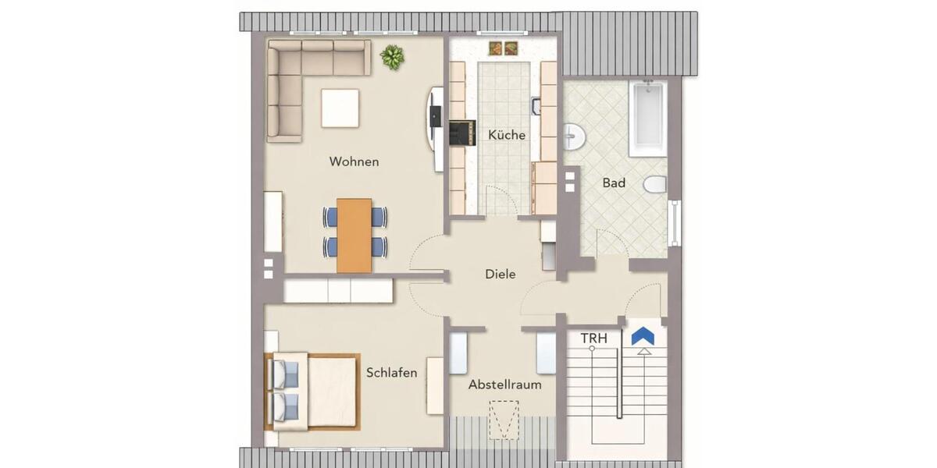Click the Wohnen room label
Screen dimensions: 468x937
(x=354, y=162)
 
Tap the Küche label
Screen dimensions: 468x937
(x=507, y=135)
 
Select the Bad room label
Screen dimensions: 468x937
(x=614, y=183)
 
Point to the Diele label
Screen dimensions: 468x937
(x=501, y=275)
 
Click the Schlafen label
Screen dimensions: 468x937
(x=391, y=373)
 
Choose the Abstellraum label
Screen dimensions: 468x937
(x=504, y=385)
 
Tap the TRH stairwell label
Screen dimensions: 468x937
(x=594, y=339)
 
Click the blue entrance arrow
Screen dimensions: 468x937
(x=643, y=336)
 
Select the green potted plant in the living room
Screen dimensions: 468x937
(x=392, y=56)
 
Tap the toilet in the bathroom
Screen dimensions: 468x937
(x=654, y=185)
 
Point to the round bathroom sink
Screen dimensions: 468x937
(x=573, y=136)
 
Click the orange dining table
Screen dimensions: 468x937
(x=354, y=235)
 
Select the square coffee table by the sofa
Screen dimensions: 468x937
(x=340, y=108)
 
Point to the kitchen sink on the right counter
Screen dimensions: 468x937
(x=536, y=105)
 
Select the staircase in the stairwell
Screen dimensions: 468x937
(x=617, y=390)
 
